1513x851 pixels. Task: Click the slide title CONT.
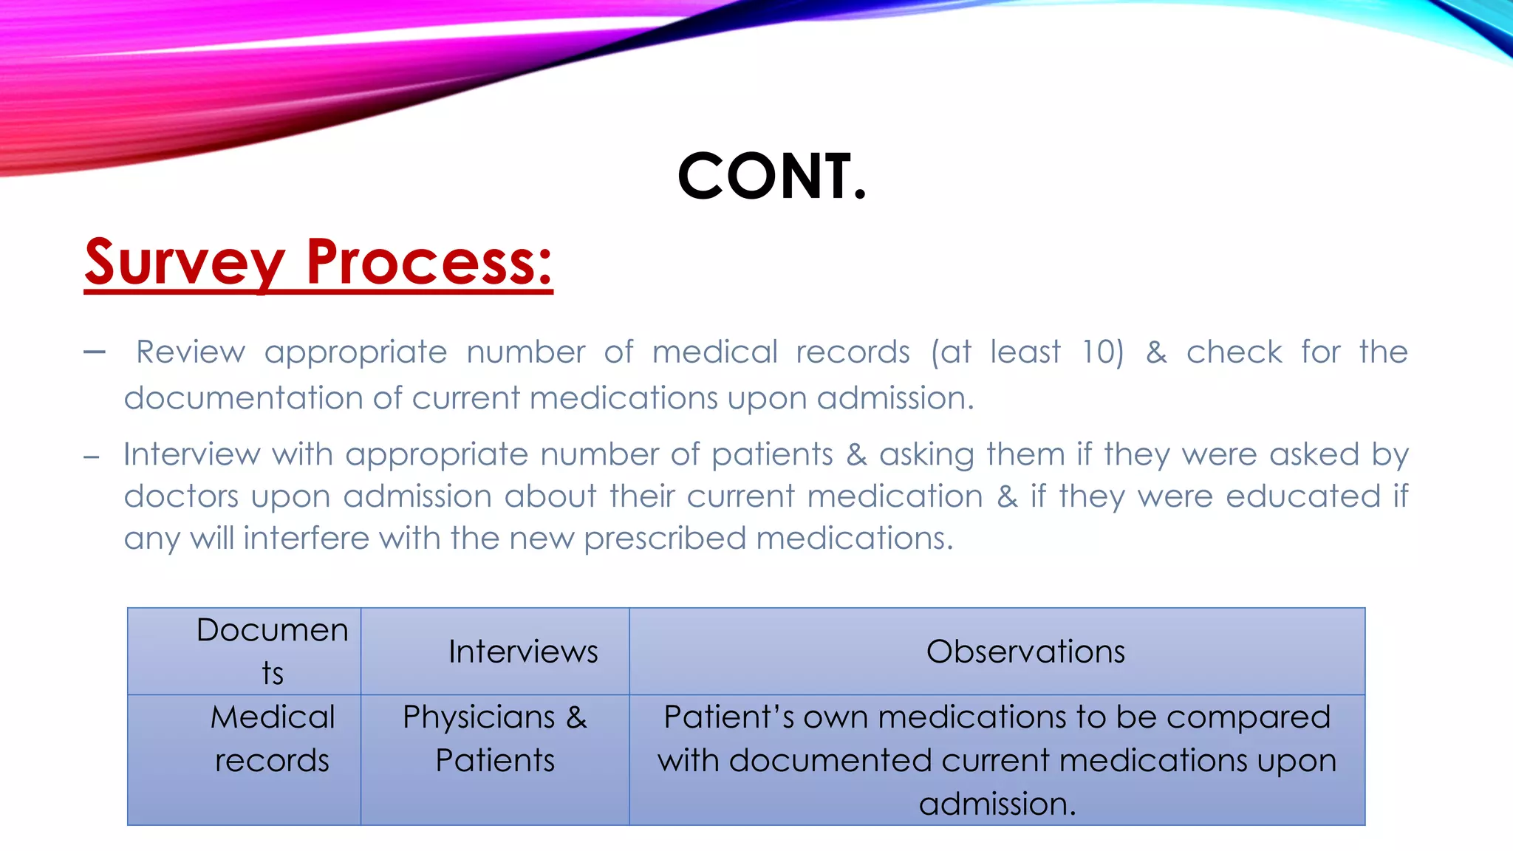(x=771, y=176)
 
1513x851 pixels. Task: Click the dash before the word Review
(x=95, y=352)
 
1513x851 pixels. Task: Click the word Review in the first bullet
(x=191, y=352)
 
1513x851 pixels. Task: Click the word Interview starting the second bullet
(x=191, y=454)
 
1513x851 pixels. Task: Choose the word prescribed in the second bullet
(x=664, y=538)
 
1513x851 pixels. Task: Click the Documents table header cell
(x=273, y=651)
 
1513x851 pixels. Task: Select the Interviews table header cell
(x=523, y=652)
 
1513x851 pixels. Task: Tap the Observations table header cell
(x=1025, y=652)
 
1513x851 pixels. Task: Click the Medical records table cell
(x=273, y=738)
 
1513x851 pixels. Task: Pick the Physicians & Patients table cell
(x=495, y=738)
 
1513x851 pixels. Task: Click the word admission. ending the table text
(x=997, y=804)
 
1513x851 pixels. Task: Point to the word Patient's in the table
(x=728, y=717)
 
